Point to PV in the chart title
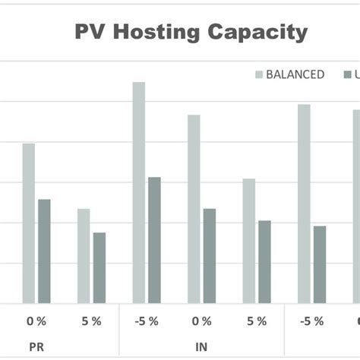[91, 33]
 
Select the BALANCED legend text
[295, 74]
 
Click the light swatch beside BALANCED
[259, 74]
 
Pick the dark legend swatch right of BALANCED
[348, 74]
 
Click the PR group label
[36, 347]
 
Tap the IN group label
[201, 347]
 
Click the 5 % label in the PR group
[91, 321]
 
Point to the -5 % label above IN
[146, 321]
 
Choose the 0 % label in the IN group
[201, 321]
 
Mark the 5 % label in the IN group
[256, 321]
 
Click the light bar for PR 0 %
[28, 223]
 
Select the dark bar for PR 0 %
[44, 251]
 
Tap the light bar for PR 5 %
[84, 256]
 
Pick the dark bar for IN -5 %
[154, 240]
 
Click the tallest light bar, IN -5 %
[138, 193]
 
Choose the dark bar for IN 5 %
[264, 262]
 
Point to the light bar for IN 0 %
[194, 209]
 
